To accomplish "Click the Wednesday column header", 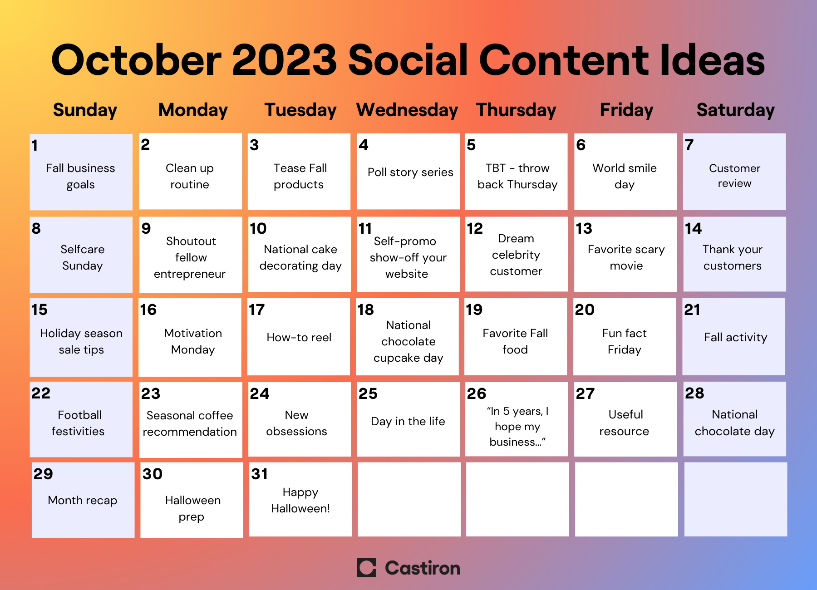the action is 407,110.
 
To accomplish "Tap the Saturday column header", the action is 735,110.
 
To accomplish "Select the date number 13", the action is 584,228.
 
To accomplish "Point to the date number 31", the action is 260,474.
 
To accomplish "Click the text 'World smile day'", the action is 625,176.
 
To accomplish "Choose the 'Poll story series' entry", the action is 410,172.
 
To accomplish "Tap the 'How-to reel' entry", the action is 299,337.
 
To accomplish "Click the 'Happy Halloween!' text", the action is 300,501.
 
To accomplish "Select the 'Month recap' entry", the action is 83,501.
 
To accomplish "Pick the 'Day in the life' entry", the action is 408,422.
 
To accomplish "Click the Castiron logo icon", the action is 367,568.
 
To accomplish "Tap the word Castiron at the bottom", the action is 423,568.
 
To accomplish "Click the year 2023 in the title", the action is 285,60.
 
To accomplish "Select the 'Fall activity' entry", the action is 736,338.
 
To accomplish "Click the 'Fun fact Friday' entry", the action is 625,342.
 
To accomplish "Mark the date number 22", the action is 41,393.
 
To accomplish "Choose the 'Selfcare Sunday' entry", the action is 83,257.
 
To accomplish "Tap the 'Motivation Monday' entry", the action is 193,342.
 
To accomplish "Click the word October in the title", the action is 137,60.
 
